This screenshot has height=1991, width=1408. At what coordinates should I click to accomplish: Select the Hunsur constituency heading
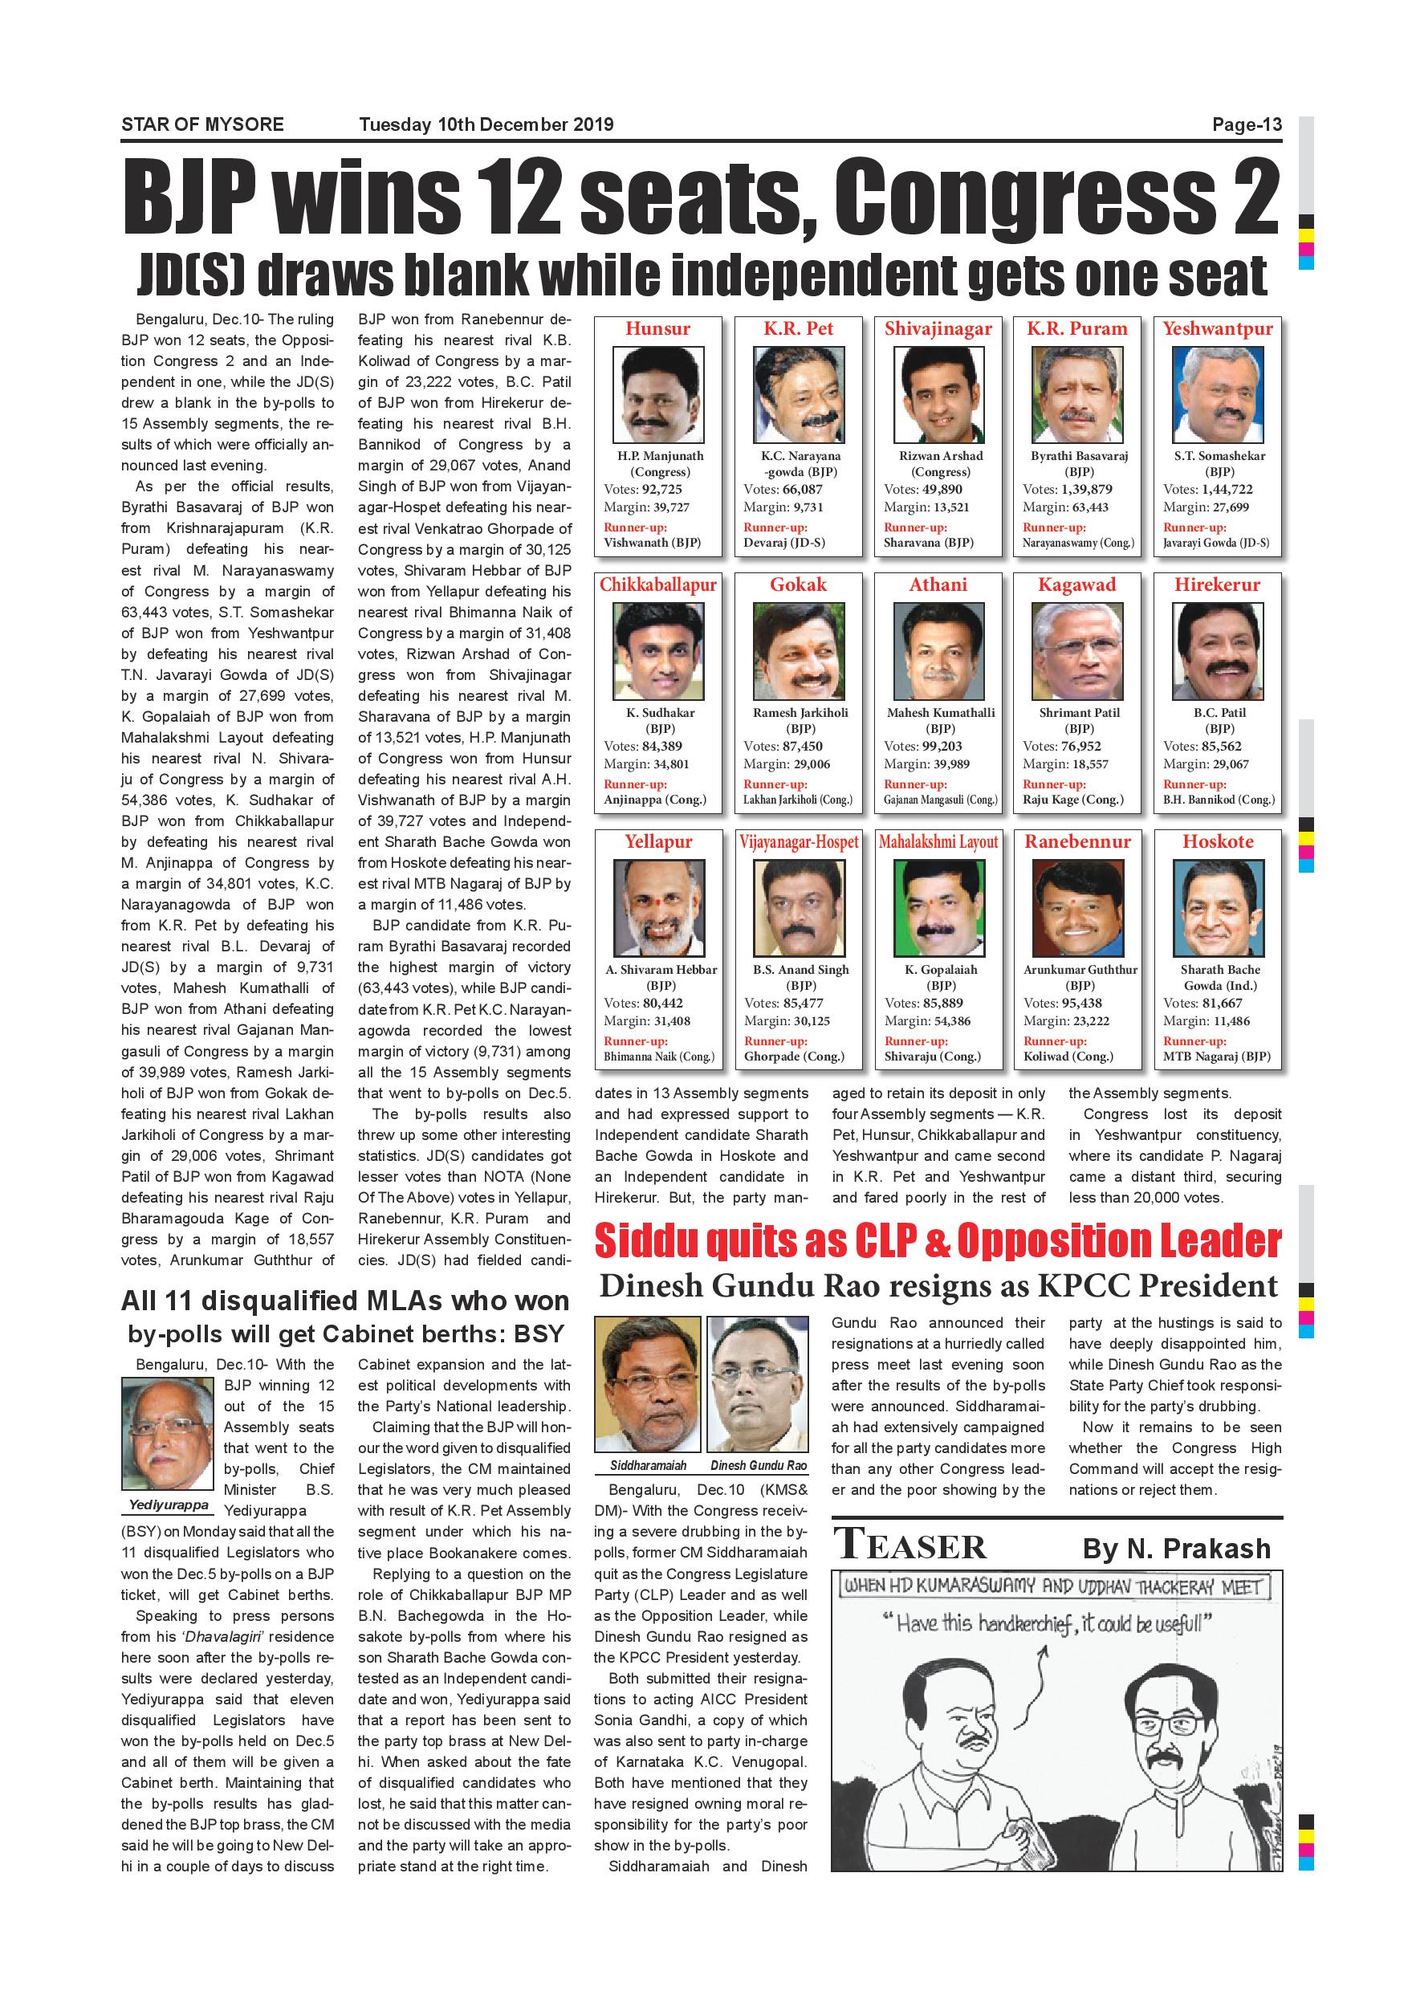658,328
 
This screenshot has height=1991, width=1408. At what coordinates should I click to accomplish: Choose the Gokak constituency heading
799,585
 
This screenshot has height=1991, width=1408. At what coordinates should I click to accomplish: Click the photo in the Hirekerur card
1217,652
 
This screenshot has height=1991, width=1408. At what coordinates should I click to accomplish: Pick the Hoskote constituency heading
1217,842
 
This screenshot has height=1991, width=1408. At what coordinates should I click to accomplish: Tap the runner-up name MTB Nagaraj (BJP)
1216,1057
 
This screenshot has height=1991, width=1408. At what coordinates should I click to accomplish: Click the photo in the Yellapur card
658,909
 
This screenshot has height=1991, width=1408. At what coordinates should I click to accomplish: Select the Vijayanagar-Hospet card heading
799,842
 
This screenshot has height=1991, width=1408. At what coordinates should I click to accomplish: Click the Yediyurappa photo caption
169,1504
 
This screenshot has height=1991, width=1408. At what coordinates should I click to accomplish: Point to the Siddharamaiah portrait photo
648,1383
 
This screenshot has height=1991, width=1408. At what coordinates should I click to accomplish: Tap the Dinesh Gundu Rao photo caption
759,1465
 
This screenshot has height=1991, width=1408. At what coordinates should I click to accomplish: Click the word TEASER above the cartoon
910,1547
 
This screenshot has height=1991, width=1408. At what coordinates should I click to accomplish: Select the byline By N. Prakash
1176,1549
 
